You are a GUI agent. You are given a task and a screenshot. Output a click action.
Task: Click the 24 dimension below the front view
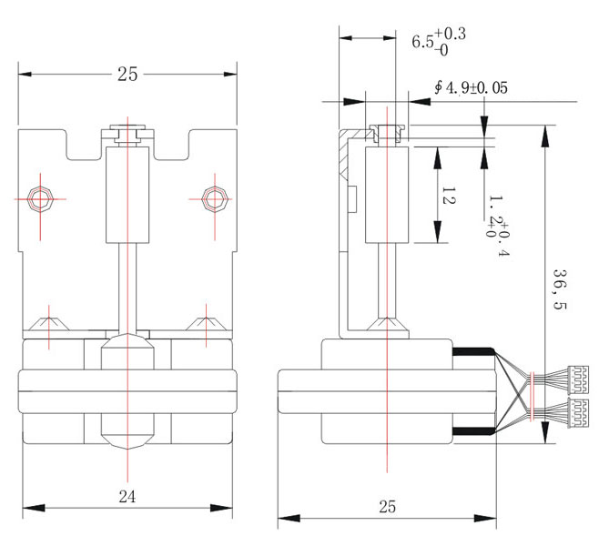click(127, 496)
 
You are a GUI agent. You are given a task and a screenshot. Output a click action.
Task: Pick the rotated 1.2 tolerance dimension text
click(498, 224)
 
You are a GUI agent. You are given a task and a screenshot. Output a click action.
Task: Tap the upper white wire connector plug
click(576, 376)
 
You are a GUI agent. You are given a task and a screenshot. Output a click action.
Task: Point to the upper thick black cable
click(471, 351)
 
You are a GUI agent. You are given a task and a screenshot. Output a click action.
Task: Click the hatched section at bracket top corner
click(343, 159)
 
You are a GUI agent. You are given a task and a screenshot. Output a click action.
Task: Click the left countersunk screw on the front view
click(48, 322)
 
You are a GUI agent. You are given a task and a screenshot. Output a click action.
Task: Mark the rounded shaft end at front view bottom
click(127, 438)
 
